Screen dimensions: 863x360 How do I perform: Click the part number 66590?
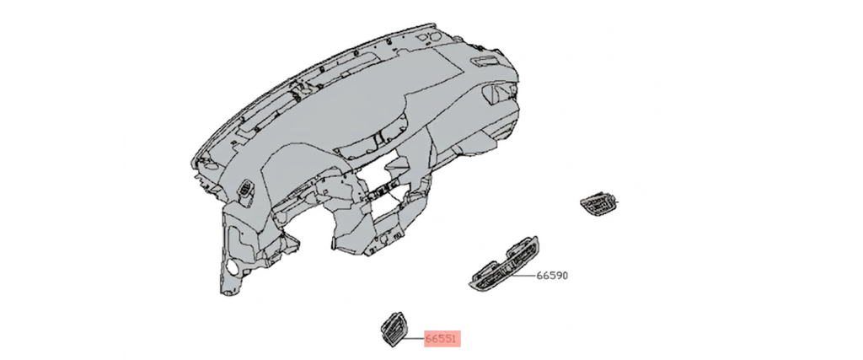[551, 275]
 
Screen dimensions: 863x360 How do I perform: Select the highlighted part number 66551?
[442, 339]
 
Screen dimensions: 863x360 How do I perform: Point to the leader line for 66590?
[523, 275]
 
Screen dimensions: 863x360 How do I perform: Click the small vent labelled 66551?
[392, 329]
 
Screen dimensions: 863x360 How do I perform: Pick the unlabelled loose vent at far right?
[599, 204]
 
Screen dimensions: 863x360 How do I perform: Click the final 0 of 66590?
[564, 275]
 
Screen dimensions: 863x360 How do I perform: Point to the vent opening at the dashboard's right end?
[498, 94]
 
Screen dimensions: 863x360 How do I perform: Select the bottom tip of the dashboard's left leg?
[223, 293]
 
